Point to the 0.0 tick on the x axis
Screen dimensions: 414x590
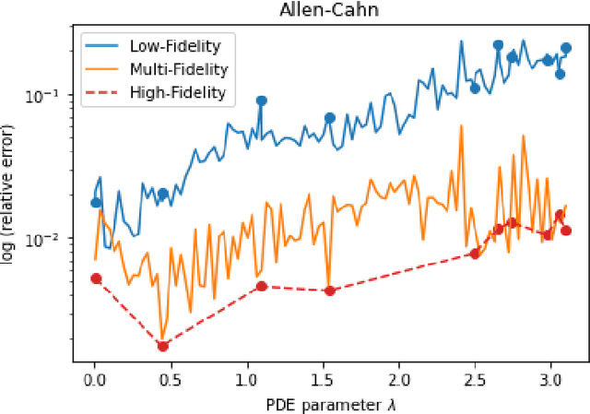[x=95, y=379]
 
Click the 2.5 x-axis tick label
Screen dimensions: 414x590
[x=475, y=379]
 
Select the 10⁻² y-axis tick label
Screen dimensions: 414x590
[x=48, y=240]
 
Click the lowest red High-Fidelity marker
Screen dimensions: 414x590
[x=163, y=346]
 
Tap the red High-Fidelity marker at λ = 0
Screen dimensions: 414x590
[x=96, y=278]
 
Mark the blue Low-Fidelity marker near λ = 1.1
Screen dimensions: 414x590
[x=261, y=101]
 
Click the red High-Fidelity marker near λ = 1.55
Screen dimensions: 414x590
[x=329, y=290]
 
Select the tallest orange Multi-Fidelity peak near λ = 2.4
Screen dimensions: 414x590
[x=460, y=125]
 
